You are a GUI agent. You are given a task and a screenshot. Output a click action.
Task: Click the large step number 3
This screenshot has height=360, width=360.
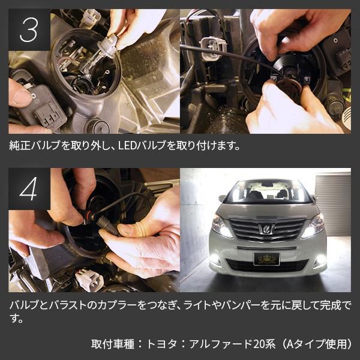pyautogui.click(x=29, y=30)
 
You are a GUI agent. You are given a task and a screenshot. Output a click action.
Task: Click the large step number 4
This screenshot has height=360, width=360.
pyautogui.click(x=28, y=189)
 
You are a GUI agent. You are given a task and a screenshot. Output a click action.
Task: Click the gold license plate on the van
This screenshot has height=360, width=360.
pyautogui.click(x=266, y=259)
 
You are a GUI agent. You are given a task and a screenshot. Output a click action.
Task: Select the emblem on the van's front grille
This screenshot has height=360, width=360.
pyautogui.click(x=266, y=229)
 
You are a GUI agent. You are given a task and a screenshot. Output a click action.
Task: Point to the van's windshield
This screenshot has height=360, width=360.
pyautogui.click(x=266, y=192)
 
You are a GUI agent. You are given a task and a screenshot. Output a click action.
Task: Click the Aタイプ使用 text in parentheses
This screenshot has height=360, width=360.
pyautogui.click(x=316, y=344)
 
